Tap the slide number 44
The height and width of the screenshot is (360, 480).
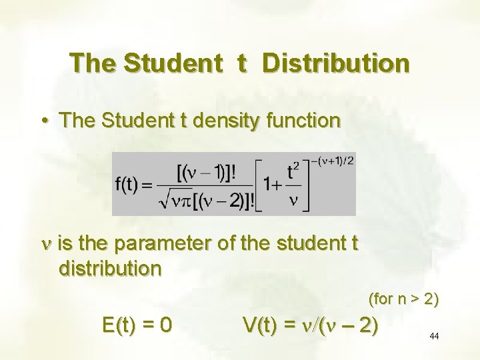[x=434, y=336]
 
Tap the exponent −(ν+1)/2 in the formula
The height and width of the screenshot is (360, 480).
[x=331, y=160]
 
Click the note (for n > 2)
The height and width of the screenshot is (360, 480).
[x=403, y=299]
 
